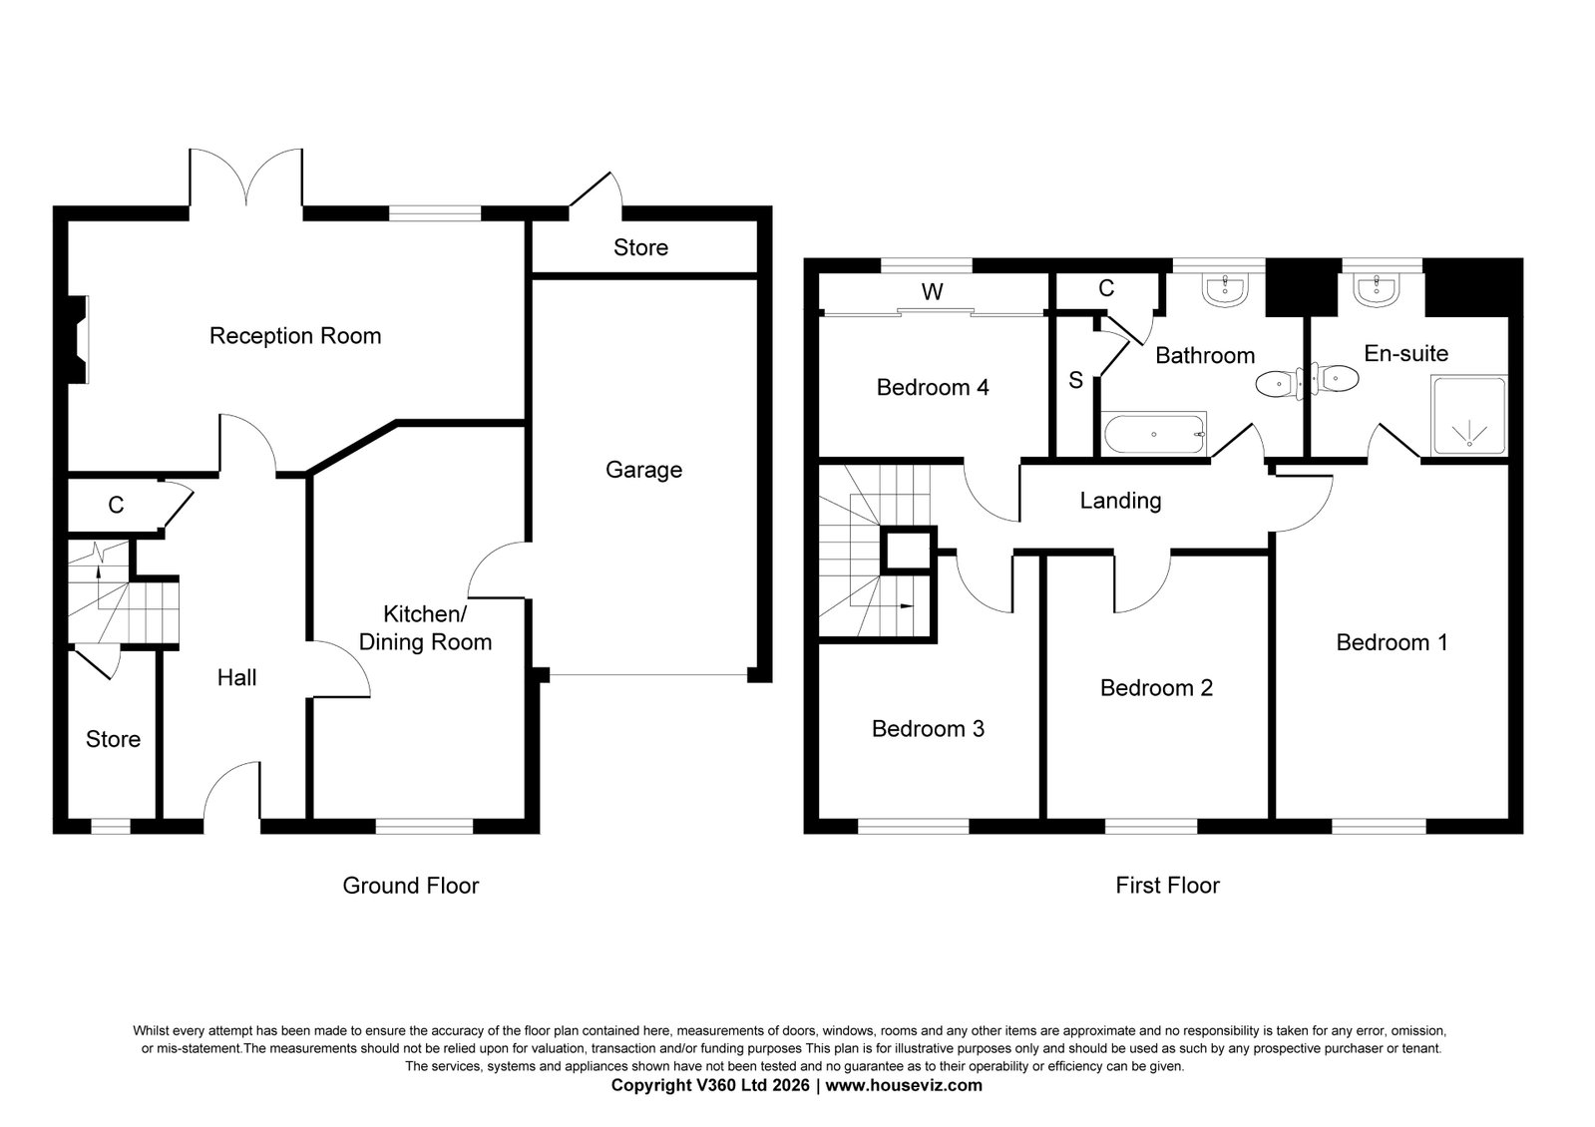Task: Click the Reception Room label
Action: (x=295, y=336)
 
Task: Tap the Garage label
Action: (x=643, y=470)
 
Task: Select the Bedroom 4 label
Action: (x=932, y=387)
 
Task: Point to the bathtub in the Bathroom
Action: (x=1153, y=434)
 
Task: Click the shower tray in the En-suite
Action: (x=1469, y=416)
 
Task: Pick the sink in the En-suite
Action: (x=1378, y=290)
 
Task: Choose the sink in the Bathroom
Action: (x=1226, y=290)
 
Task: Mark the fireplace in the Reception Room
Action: (x=77, y=339)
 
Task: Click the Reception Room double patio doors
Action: (x=246, y=178)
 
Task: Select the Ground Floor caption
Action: (x=411, y=886)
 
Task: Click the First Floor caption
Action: (x=1167, y=886)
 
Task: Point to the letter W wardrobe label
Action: (x=932, y=291)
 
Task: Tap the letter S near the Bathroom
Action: (x=1075, y=380)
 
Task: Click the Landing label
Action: (x=1120, y=501)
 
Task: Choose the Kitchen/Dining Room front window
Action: (x=424, y=826)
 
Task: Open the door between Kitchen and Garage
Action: (x=499, y=570)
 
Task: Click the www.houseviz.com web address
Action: (x=904, y=1086)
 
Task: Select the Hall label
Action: (x=236, y=678)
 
